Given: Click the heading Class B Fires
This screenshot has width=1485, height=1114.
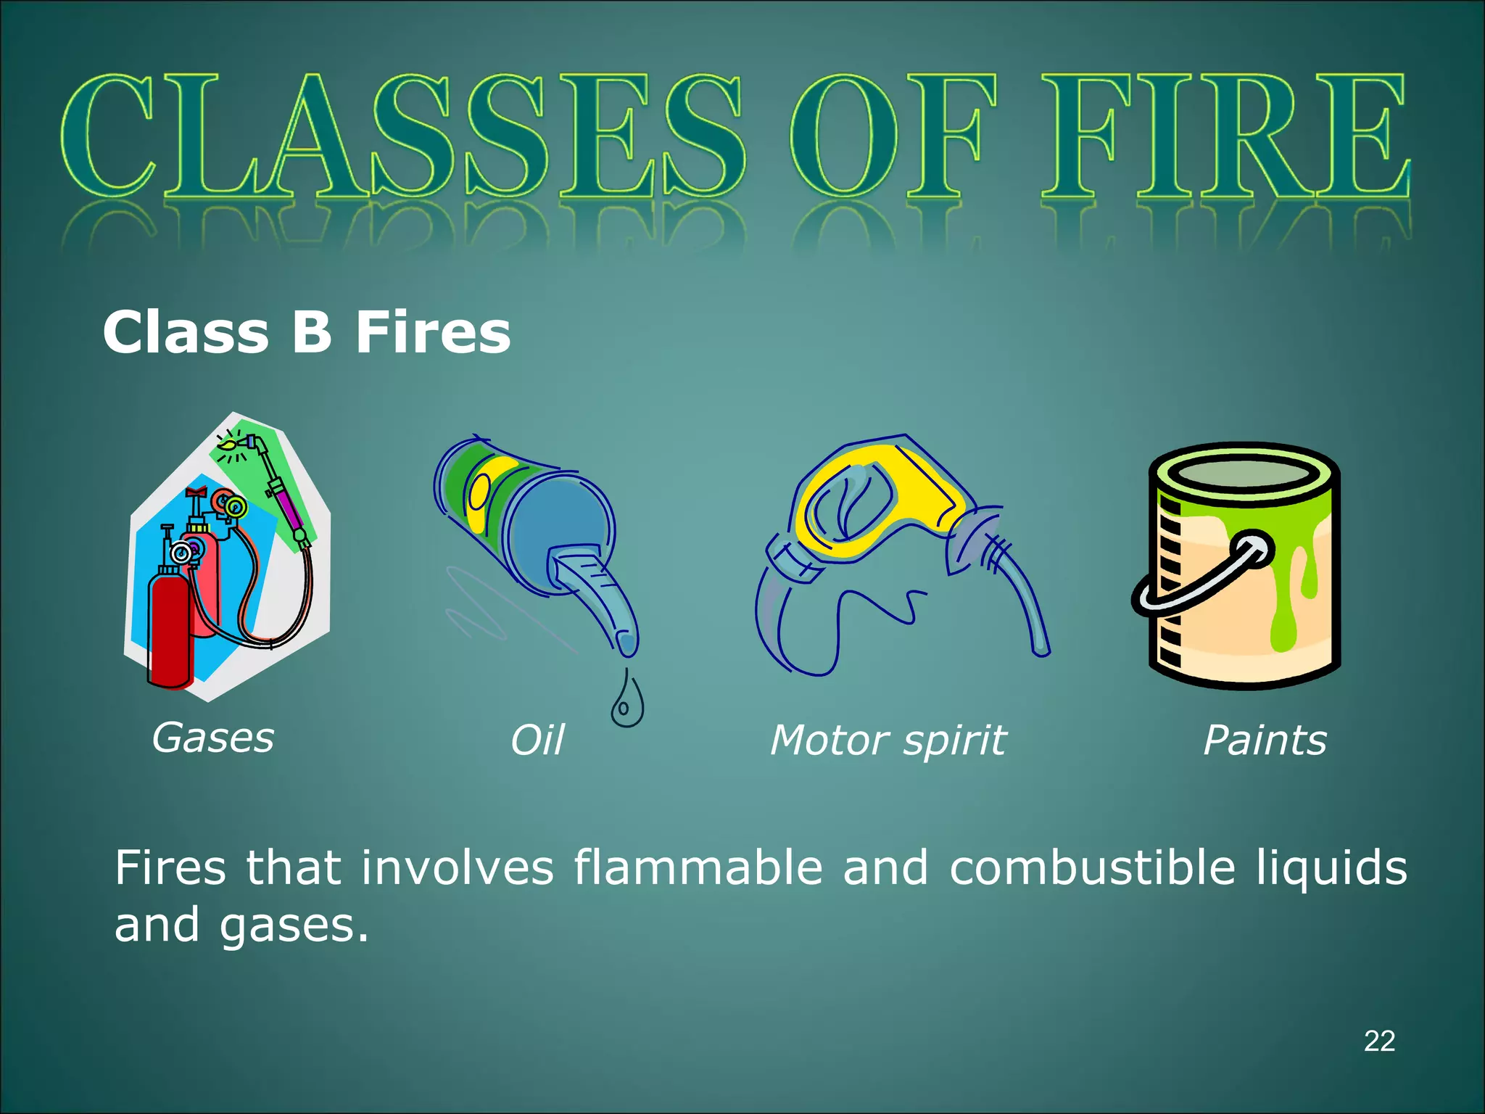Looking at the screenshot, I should pyautogui.click(x=307, y=332).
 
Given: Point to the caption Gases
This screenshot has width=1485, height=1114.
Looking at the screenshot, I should pyautogui.click(x=213, y=738).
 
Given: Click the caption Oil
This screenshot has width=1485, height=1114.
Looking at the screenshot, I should pyautogui.click(x=537, y=740).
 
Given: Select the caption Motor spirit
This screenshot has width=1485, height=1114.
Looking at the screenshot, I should pyautogui.click(x=888, y=740).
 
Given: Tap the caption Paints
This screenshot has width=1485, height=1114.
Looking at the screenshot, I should pyautogui.click(x=1265, y=740).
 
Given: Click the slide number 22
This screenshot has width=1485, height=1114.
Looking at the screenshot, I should pyautogui.click(x=1379, y=1041).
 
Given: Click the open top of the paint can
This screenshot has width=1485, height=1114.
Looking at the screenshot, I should pyautogui.click(x=1244, y=475).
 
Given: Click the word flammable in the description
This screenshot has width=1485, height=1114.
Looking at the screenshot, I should pyautogui.click(x=698, y=867).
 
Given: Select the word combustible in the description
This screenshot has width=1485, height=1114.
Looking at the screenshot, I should pyautogui.click(x=1092, y=867).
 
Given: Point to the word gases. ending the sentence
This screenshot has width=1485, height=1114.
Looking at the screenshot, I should pyautogui.click(x=294, y=926).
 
